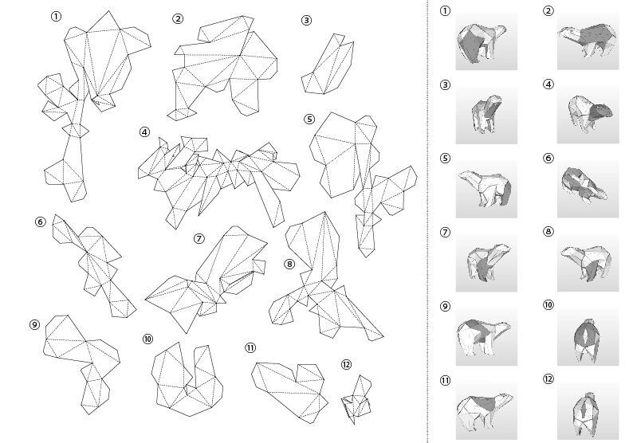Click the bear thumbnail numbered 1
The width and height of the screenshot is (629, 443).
point(486,41)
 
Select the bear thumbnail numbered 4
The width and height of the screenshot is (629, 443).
point(588,115)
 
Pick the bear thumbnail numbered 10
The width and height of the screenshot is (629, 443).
point(588,337)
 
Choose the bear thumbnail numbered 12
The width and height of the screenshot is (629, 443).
point(588,411)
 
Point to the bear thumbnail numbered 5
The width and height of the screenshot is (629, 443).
point(486,189)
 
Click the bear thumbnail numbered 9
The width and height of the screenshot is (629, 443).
point(486,337)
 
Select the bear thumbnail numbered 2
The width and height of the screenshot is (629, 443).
point(588,41)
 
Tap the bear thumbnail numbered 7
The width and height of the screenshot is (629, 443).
point(486,263)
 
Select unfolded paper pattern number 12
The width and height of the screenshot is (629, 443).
point(356,399)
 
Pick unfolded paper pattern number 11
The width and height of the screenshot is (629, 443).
point(289,392)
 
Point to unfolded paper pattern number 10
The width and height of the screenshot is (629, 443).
point(187,379)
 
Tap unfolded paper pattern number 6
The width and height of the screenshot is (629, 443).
point(94,266)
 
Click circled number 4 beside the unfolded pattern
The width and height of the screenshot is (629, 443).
point(145,132)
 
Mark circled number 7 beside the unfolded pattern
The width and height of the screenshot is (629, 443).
point(199,239)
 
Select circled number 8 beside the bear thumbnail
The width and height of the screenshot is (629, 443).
point(548,232)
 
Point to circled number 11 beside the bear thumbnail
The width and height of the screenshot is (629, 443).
point(446,381)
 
